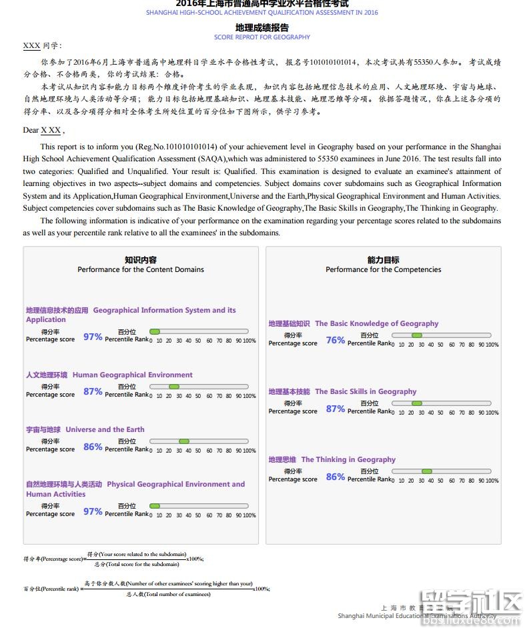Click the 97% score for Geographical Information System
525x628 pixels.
(93, 337)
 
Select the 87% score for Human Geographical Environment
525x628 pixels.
(93, 391)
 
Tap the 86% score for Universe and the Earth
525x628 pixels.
(93, 447)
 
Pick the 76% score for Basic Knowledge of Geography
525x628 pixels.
(336, 340)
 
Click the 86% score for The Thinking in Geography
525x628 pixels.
(336, 477)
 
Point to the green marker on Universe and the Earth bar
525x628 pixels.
(184, 441)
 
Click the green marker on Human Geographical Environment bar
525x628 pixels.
(174, 387)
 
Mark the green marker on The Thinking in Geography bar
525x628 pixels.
(427, 471)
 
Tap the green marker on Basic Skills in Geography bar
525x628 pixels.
(417, 403)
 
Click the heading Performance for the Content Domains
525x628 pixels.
(141, 270)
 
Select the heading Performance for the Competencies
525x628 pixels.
(384, 270)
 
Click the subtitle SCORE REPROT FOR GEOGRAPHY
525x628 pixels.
(262, 37)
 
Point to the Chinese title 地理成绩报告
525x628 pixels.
(262, 28)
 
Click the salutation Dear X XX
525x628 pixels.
(43, 130)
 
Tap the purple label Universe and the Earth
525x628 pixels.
(105, 430)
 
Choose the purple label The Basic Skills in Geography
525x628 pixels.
(366, 392)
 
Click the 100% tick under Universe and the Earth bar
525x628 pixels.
(249, 451)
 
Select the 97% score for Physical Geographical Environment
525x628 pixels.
(93, 511)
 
